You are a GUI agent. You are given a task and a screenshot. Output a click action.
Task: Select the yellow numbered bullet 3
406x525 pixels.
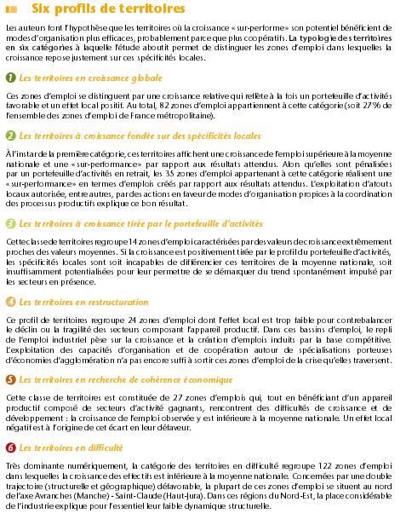click(10, 223)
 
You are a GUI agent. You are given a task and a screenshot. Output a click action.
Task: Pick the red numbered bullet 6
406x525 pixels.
click(10, 447)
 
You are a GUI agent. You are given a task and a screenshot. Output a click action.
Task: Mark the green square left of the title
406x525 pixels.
click(10, 9)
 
